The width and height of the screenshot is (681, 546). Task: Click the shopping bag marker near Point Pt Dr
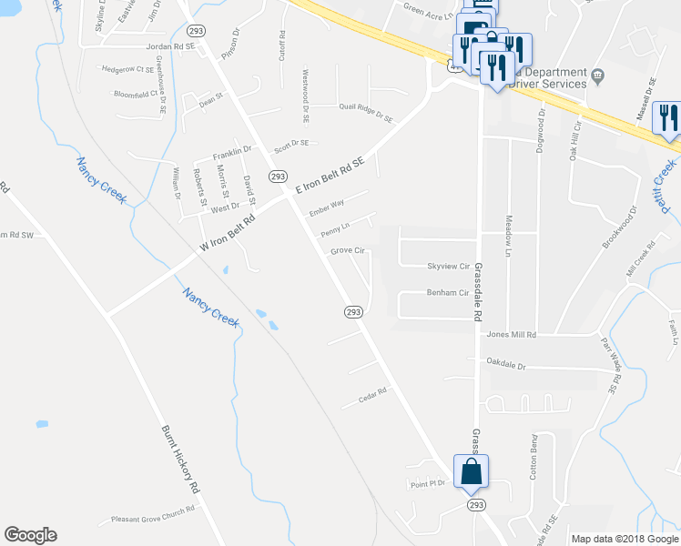[471, 472]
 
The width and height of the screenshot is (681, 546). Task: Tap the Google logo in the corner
[30, 535]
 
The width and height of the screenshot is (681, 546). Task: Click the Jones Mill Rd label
[511, 335]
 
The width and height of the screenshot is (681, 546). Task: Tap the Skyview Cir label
[447, 267]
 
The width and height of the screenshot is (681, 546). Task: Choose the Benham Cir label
[447, 293]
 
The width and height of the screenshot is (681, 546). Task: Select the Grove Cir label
[347, 250]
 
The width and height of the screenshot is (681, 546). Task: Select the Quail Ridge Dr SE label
[365, 113]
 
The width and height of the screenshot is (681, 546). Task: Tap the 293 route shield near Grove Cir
[354, 312]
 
